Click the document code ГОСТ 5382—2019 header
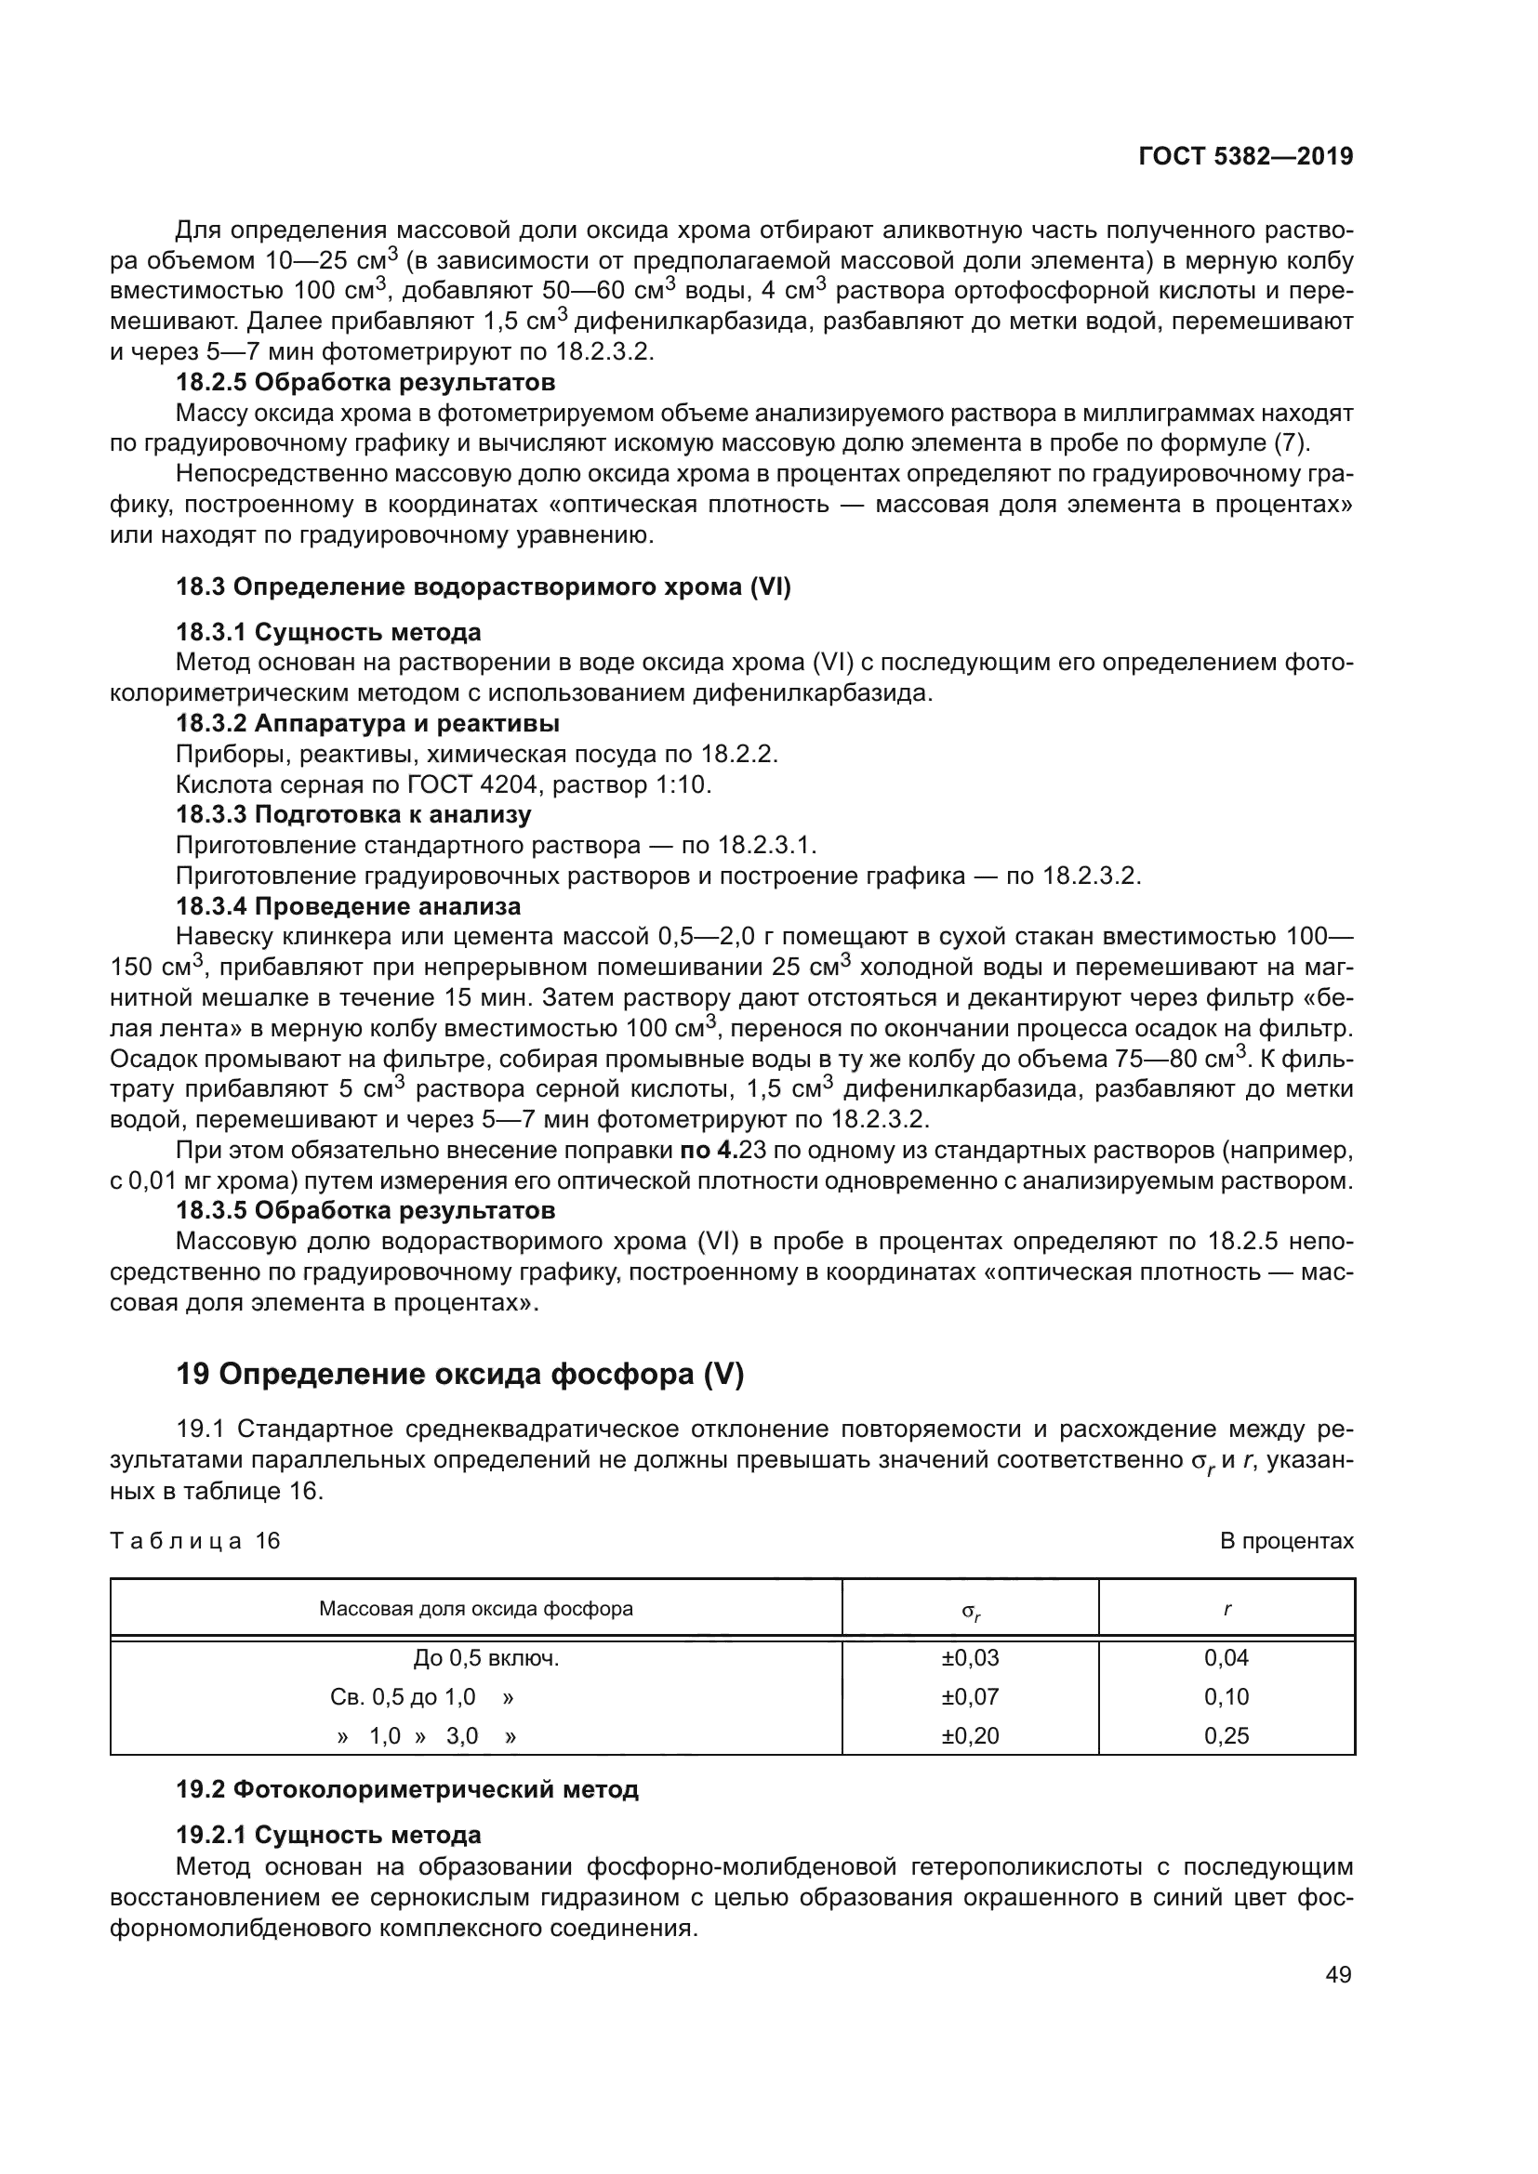click(x=1245, y=156)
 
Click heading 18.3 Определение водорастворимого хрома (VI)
click(x=483, y=587)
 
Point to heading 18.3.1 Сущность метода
click(x=328, y=631)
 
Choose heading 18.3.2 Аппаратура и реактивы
click(x=367, y=723)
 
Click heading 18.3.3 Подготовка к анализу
click(x=353, y=814)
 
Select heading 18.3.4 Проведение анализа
click(x=349, y=906)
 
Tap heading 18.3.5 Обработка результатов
click(x=365, y=1210)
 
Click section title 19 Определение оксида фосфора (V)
click(x=460, y=1374)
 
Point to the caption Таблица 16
click(x=195, y=1540)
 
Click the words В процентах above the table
click(x=1286, y=1541)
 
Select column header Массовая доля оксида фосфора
click(x=476, y=1608)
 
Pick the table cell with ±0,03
click(x=970, y=1657)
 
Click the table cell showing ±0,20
click(x=970, y=1735)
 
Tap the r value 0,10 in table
click(x=1226, y=1697)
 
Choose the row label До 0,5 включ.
click(x=485, y=1658)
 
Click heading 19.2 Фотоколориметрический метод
click(x=407, y=1789)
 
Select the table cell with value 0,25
click(x=1226, y=1735)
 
